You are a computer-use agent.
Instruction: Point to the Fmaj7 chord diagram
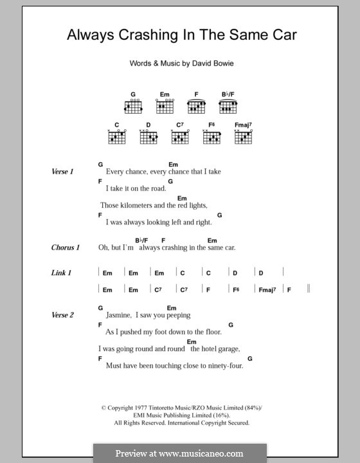243,136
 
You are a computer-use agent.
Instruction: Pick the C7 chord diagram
180,136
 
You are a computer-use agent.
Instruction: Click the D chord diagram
148,136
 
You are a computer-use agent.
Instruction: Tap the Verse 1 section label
63,172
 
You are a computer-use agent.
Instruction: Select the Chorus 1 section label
66,247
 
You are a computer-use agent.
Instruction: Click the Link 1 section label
61,273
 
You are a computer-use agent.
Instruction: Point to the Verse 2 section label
63,315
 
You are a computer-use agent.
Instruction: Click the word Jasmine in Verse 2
118,316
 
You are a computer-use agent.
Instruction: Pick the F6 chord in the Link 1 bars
236,290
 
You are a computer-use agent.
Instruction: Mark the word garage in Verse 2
228,349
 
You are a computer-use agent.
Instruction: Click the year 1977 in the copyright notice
143,408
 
